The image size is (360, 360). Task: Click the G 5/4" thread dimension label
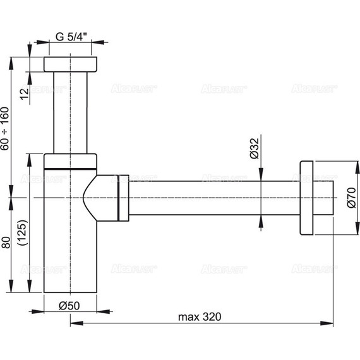pos(71,35)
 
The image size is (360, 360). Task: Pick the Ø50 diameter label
pos(70,305)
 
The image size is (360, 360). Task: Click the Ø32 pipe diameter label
pos(254,147)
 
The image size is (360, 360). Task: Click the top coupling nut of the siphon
pos(71,64)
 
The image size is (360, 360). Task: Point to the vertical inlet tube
pos(71,111)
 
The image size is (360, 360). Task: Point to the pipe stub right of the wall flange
pos(323,197)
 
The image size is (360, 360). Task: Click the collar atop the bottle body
pos(70,162)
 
